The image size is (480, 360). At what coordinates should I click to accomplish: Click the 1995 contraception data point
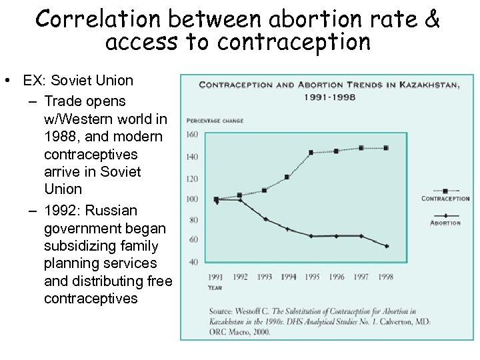pos(311,153)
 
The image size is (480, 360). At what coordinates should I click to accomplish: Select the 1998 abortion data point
pos(386,246)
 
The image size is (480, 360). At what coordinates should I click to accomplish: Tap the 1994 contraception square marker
pos(287,177)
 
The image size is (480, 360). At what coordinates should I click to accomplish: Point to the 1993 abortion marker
pos(265,219)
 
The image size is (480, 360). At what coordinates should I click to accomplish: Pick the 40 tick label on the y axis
pos(195,261)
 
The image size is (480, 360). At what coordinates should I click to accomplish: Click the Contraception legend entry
pos(445,198)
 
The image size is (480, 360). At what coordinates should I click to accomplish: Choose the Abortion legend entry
pos(445,223)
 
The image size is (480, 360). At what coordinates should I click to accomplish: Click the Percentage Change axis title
pos(215,121)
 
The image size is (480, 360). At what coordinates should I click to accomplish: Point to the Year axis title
pos(215,289)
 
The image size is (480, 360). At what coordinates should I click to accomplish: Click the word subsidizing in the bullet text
pos(76,245)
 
